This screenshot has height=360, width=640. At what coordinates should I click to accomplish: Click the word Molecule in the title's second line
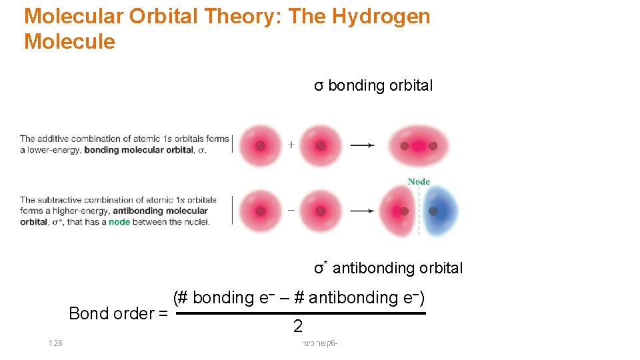tap(69, 42)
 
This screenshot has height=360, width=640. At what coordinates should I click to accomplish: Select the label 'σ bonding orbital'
tap(373, 85)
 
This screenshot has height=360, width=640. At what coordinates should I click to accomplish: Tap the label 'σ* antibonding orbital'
tap(388, 268)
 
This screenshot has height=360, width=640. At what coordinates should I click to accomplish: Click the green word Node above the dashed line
tap(419, 181)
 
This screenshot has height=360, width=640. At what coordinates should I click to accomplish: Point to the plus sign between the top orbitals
tap(291, 145)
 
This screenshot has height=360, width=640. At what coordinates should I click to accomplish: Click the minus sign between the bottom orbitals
tap(291, 210)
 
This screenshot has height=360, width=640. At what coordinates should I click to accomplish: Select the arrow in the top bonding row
tap(362, 145)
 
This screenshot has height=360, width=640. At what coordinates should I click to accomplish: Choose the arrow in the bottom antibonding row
tap(362, 211)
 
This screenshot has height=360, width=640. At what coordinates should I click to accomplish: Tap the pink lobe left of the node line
tap(400, 211)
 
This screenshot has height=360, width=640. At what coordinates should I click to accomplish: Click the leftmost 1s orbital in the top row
tap(260, 145)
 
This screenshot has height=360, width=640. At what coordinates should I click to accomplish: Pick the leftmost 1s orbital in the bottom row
tap(260, 211)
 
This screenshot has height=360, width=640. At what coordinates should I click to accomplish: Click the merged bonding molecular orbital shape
tap(418, 146)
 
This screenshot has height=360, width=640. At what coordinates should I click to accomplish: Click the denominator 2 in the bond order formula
tap(298, 326)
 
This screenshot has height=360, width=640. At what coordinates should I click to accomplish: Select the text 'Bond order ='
tap(118, 313)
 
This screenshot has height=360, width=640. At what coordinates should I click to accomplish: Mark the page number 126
tap(55, 343)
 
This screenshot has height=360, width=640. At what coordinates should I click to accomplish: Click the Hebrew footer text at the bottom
tap(319, 343)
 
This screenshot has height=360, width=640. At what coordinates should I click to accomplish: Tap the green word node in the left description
tap(119, 222)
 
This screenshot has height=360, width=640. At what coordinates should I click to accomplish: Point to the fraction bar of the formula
tap(300, 313)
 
